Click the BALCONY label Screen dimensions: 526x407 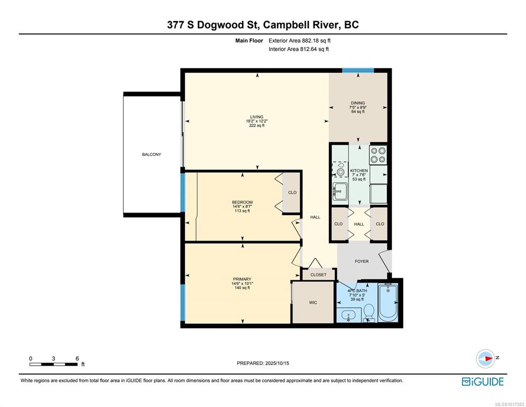151,154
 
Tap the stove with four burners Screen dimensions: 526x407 378,155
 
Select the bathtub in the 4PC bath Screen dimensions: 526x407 388,302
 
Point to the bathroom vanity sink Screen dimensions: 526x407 349,316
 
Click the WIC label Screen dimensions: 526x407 313,303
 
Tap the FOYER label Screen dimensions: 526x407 362,261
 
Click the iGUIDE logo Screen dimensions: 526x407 483,382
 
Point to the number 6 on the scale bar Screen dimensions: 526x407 77,358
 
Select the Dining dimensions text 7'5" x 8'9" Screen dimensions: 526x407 358,108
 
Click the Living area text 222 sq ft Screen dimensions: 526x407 256,126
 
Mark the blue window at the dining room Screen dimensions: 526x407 358,70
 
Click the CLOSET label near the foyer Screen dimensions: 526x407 318,275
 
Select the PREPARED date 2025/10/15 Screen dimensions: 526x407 277,363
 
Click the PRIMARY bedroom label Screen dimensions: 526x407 242,279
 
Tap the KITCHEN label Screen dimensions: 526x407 359,171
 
